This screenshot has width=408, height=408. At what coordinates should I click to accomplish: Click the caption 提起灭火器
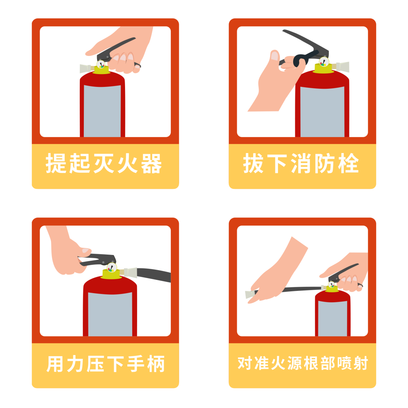tap(104, 164)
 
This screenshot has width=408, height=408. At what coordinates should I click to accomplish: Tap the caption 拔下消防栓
tap(301, 164)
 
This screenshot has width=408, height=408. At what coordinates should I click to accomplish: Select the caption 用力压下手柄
tap(106, 364)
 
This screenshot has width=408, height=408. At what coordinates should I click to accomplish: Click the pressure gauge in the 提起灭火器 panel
tap(101, 65)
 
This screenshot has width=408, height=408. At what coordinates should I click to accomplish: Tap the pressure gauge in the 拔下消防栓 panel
tap(324, 62)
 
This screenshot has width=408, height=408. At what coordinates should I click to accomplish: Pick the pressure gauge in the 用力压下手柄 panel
tap(111, 268)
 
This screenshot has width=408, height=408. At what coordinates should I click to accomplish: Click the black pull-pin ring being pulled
tap(300, 61)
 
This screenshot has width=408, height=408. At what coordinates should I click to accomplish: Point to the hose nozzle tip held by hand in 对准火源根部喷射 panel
tap(250, 294)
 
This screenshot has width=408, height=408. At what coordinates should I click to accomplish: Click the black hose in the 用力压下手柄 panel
tap(155, 274)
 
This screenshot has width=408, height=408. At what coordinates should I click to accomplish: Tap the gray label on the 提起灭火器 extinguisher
tap(102, 111)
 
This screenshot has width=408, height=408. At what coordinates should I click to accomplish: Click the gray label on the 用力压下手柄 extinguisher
tap(110, 314)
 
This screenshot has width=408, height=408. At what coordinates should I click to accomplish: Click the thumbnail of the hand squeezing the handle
tap(105, 281)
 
